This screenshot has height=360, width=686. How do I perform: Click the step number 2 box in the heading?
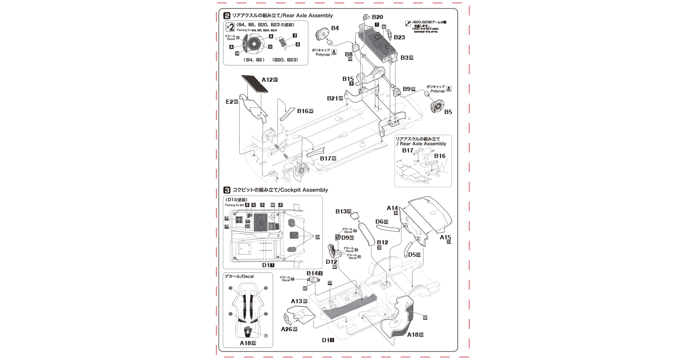click(x=227, y=16)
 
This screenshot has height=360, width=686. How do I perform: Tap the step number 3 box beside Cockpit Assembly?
click(x=227, y=190)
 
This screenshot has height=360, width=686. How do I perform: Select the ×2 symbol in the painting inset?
click(x=230, y=27)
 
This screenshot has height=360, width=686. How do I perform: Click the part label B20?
click(x=377, y=17)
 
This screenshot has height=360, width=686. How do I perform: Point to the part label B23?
click(x=399, y=37)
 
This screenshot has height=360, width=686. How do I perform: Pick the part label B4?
click(x=335, y=28)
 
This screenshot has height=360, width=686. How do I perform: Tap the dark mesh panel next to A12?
click(x=256, y=84)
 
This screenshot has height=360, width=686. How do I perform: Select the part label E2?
click(x=230, y=102)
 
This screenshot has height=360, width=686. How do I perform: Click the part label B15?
click(x=348, y=79)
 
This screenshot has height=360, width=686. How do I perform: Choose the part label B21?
click(x=332, y=98)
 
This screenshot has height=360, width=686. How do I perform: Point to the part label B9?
click(x=407, y=89)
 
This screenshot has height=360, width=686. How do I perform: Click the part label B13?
click(x=341, y=211)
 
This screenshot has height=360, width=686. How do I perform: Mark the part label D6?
click(x=379, y=222)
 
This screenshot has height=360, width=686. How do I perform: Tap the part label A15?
click(x=445, y=237)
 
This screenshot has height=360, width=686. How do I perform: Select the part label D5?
click(x=412, y=255)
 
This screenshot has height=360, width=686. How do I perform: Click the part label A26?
click(x=287, y=329)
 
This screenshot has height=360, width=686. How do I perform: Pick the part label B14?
click(x=312, y=273)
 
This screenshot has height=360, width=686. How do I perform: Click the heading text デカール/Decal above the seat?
click(x=239, y=276)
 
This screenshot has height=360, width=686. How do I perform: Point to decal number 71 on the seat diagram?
click(x=266, y=336)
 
